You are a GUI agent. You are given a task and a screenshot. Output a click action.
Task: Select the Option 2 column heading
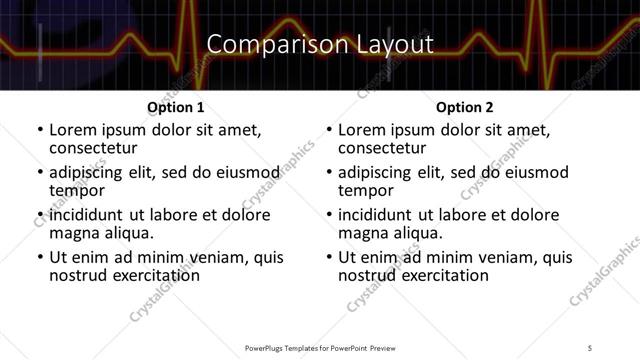pyautogui.click(x=464, y=107)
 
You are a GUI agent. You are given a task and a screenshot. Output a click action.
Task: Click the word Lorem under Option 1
pyautogui.click(x=77, y=130)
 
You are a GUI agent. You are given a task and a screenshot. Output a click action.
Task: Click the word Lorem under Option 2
pyautogui.click(x=366, y=130)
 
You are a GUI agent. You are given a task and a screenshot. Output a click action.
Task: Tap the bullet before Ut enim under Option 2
pyautogui.click(x=330, y=257)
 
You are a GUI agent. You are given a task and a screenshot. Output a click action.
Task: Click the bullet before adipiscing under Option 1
pyautogui.click(x=40, y=172)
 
